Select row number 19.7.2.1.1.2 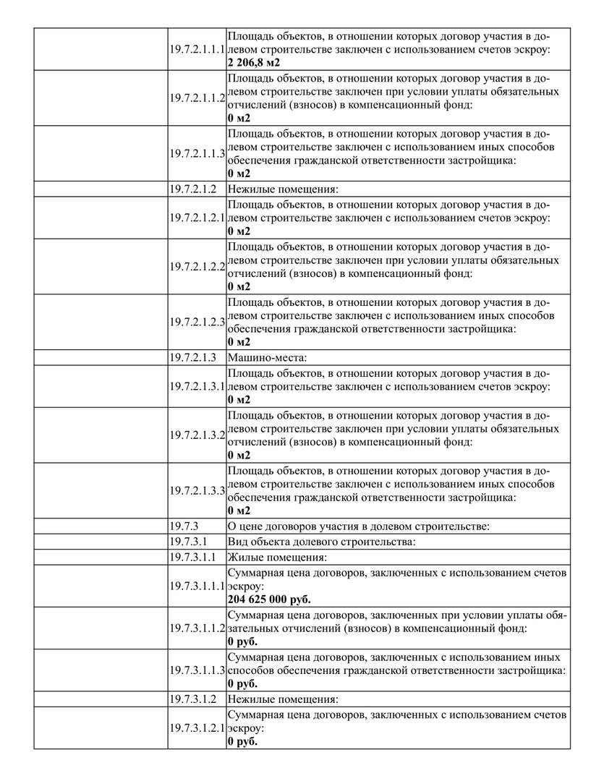tap(197, 98)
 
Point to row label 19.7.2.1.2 tap(193, 189)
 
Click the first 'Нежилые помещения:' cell tap(283, 189)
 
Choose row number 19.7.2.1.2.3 tap(197, 322)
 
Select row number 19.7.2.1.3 tap(193, 357)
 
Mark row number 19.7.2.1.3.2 tap(197, 435)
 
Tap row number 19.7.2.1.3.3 tap(197, 490)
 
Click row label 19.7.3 tap(184, 526)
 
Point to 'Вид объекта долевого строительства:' tap(322, 541)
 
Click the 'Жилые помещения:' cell tap(277, 557)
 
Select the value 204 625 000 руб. tap(273, 599)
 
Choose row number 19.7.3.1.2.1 tap(197, 727)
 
